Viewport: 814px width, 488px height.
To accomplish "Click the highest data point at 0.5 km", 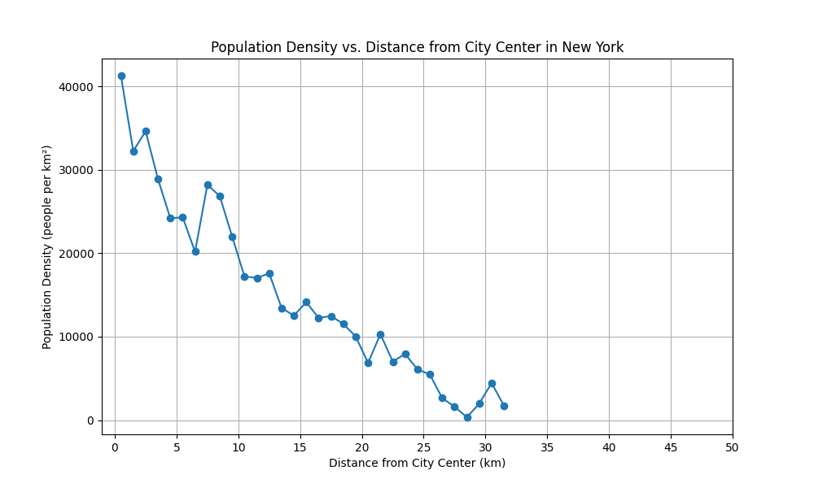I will [121, 76].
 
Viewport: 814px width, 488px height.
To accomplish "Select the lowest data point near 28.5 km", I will [467, 417].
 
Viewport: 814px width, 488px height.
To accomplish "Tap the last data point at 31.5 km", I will [504, 406].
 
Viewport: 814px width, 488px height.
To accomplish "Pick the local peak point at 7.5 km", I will [208, 185].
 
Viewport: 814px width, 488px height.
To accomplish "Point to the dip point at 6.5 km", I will [195, 251].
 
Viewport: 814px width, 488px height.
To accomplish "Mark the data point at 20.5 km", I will [368, 363].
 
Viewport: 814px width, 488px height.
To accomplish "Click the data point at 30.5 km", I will [492, 383].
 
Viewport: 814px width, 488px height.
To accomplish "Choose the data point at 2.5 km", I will [146, 131].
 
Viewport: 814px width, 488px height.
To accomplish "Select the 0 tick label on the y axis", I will [91, 420].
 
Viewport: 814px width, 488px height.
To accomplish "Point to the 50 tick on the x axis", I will [733, 447].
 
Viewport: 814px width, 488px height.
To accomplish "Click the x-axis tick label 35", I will [547, 447].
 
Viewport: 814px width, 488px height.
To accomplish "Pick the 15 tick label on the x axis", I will [300, 447].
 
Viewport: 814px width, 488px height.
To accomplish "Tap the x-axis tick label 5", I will [177, 447].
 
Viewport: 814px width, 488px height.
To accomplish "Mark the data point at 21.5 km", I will [380, 334].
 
